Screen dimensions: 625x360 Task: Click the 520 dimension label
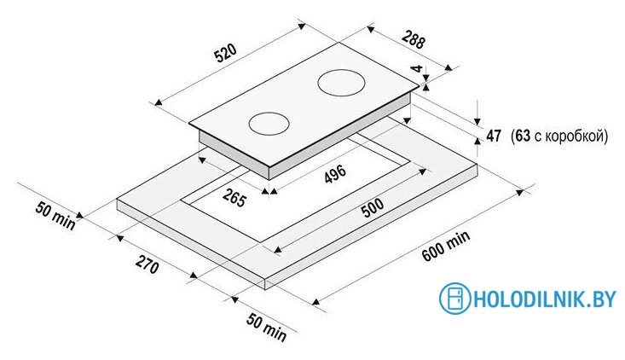226,54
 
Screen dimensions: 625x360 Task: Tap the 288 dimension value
414,39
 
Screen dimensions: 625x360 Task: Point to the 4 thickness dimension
417,68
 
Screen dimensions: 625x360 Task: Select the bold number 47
494,136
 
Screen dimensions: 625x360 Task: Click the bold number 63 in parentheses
523,136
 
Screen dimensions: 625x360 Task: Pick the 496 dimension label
335,174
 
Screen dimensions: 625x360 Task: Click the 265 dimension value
234,198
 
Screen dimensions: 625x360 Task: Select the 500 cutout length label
373,207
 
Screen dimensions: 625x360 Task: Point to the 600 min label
446,246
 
